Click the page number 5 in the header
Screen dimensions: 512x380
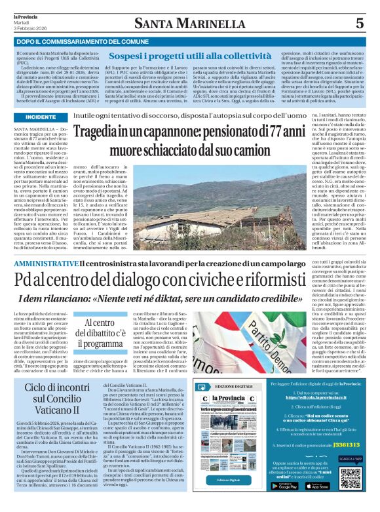tap(358, 23)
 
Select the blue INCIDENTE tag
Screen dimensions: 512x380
tap(41, 117)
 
